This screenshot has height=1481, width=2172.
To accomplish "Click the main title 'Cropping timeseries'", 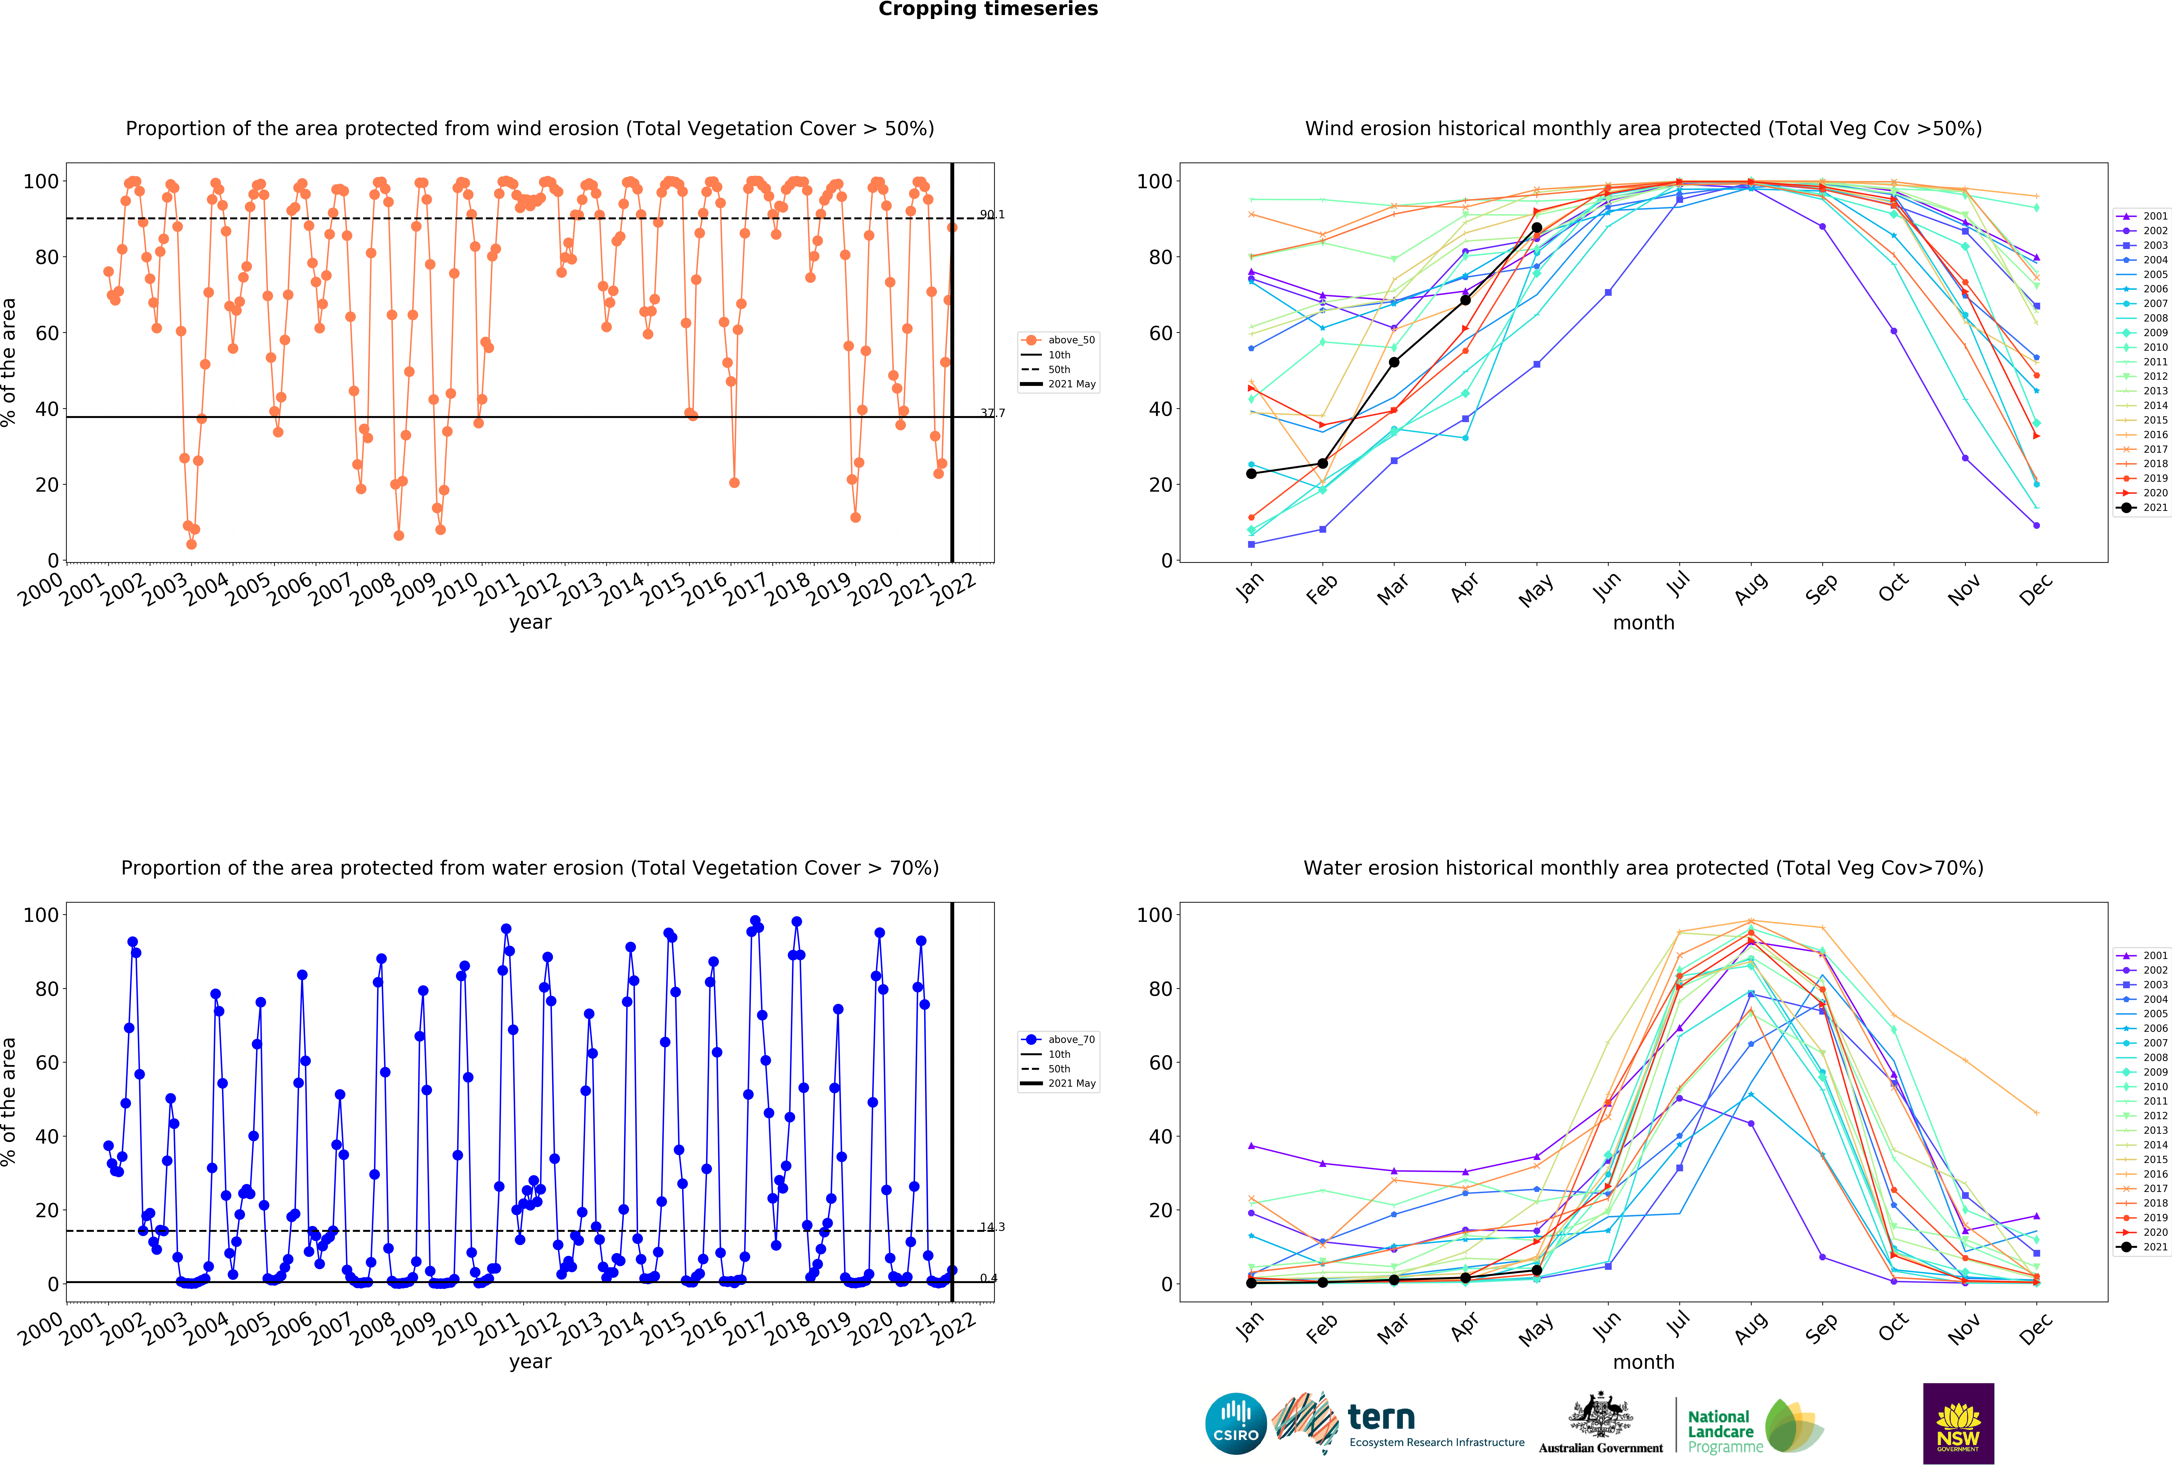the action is [x=988, y=9].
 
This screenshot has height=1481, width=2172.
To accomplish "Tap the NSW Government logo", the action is [x=1958, y=1423].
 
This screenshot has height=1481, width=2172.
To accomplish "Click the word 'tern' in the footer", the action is [x=1381, y=1417].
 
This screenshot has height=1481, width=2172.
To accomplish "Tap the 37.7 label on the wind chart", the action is [x=992, y=413].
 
